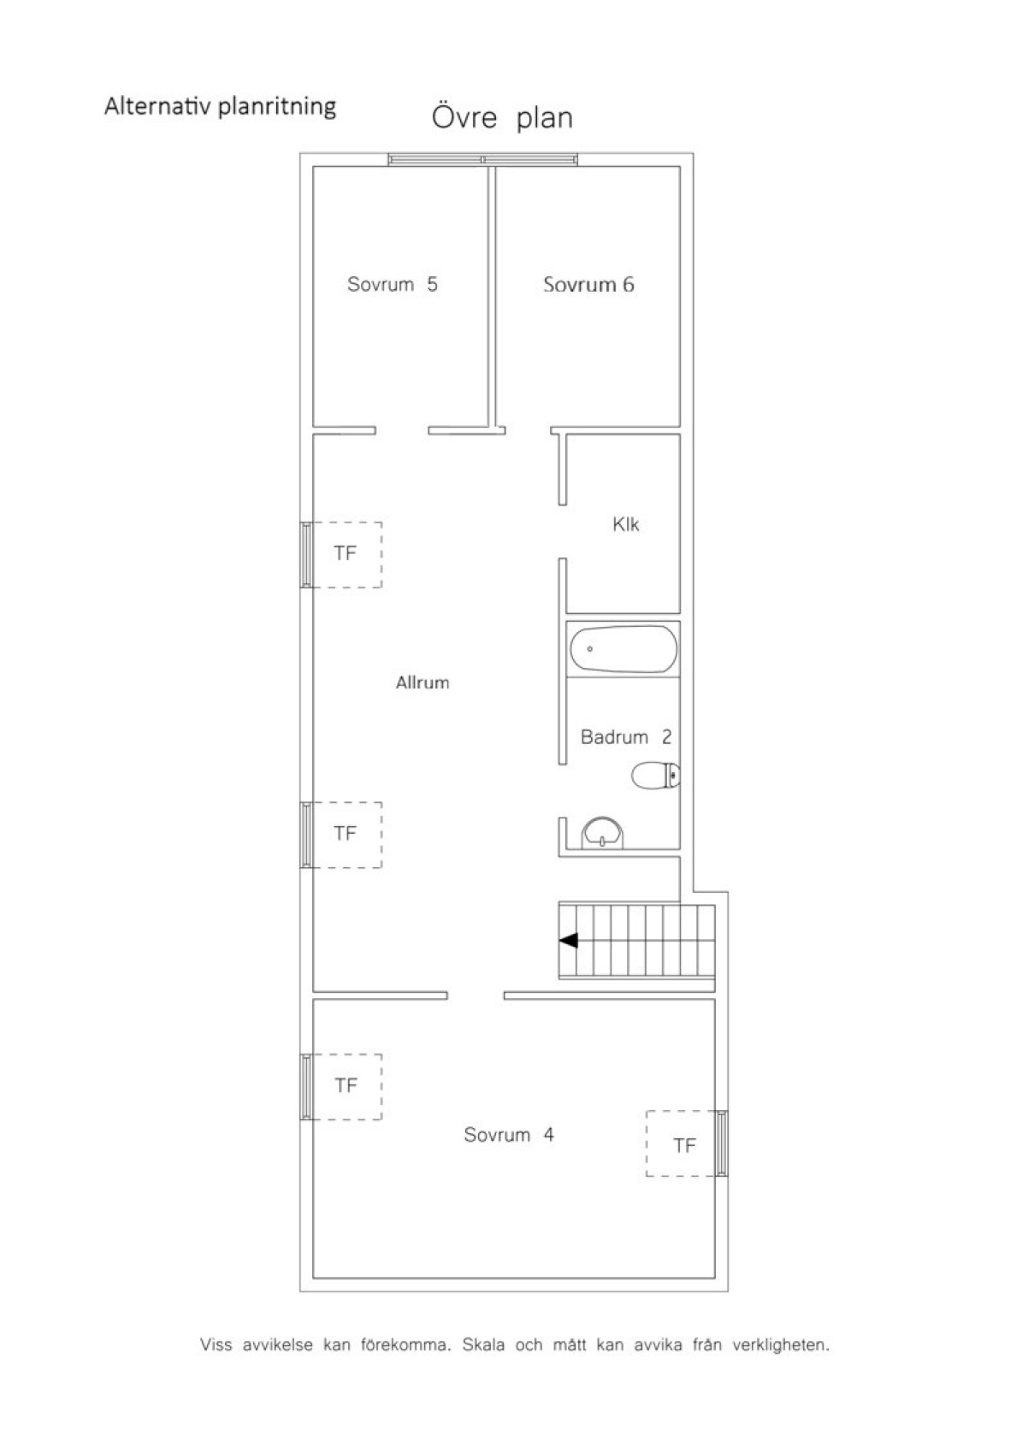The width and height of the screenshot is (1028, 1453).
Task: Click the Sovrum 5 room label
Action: [x=392, y=284]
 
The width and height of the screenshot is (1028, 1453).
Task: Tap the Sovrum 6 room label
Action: [x=588, y=285]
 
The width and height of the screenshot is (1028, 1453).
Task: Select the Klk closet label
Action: [x=625, y=524]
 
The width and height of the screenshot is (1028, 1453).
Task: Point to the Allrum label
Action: [x=422, y=682]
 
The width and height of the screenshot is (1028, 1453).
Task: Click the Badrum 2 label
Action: [x=625, y=736]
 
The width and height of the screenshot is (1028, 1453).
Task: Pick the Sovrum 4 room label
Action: [x=508, y=1135]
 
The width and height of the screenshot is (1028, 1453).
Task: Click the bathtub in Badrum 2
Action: [x=623, y=650]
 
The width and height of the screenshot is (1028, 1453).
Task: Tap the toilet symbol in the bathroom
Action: [x=656, y=777]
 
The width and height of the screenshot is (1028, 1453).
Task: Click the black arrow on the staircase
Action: [x=569, y=941]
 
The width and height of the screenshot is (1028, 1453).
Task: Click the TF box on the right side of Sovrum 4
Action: [x=684, y=1144]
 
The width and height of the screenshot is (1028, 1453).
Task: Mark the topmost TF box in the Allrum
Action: [x=346, y=554]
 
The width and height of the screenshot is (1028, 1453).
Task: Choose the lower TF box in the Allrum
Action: [x=346, y=834]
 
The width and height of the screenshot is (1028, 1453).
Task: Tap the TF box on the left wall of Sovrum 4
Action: [x=346, y=1086]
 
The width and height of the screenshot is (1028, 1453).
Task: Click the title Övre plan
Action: [x=502, y=117]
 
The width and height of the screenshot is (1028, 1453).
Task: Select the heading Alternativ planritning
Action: [x=220, y=106]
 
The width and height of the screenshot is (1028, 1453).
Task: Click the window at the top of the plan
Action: [x=483, y=159]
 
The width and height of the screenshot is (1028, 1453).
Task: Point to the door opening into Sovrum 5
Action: [x=402, y=430]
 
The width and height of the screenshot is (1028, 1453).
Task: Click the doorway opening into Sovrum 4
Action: [x=476, y=995]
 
